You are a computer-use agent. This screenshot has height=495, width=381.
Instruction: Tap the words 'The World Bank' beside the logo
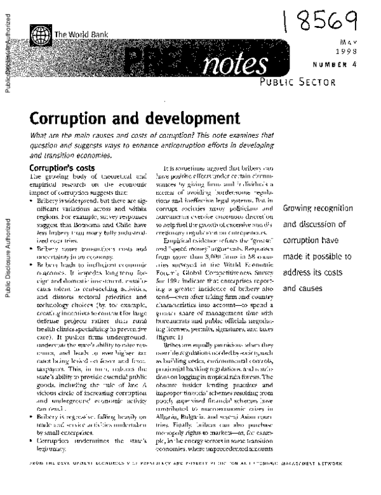pos(79,36)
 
